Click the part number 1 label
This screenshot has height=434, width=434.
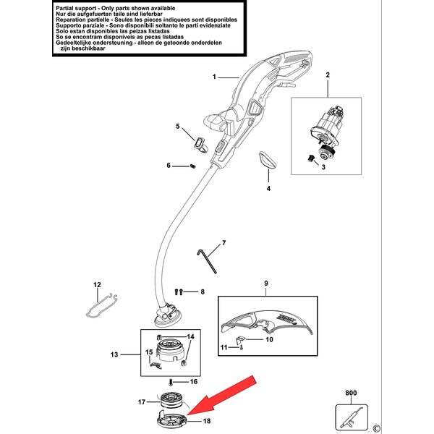214,76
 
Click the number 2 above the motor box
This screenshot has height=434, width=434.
327,76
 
